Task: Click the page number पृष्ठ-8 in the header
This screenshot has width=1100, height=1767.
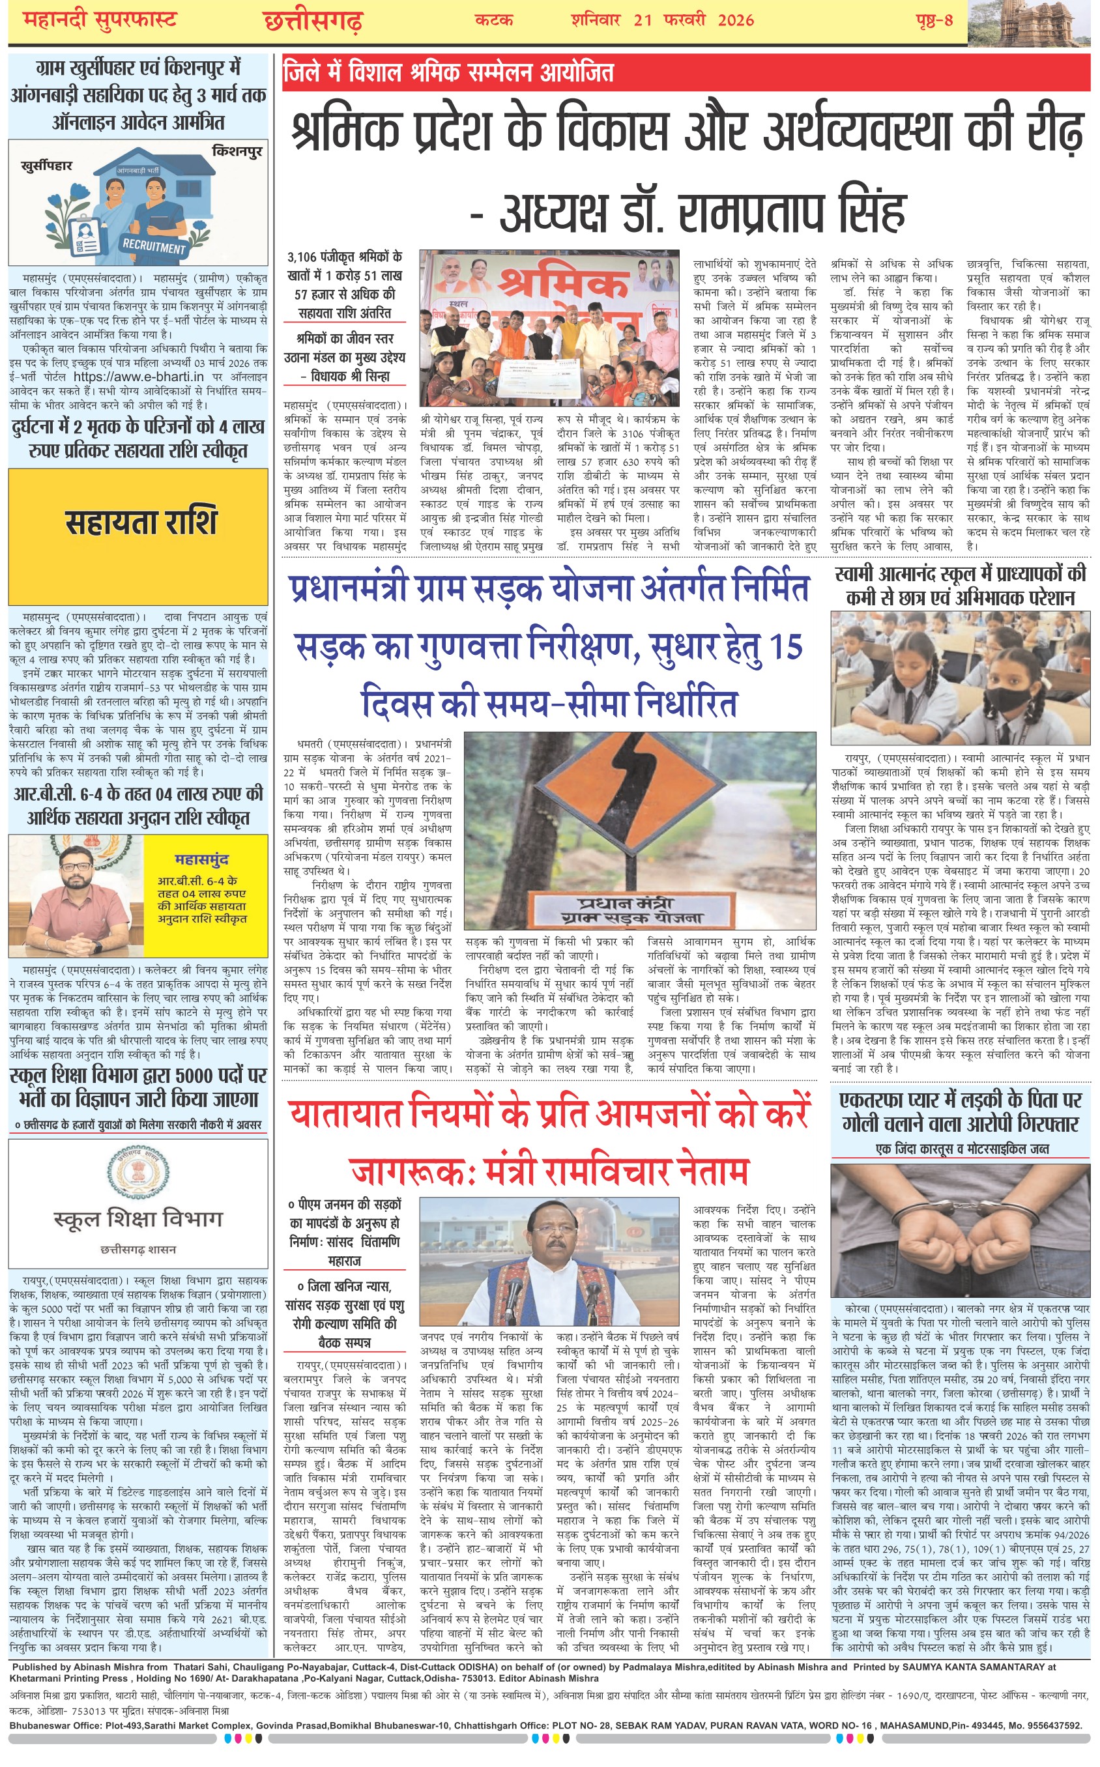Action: click(x=934, y=20)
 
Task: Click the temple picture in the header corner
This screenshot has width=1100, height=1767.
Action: click(x=1033, y=22)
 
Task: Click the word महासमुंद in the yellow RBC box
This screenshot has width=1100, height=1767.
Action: click(x=201, y=860)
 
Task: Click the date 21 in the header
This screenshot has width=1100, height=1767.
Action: click(x=643, y=20)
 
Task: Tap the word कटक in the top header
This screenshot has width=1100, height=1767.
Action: click(x=494, y=20)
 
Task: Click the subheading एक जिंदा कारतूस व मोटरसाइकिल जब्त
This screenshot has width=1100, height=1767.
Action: click(x=962, y=1149)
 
